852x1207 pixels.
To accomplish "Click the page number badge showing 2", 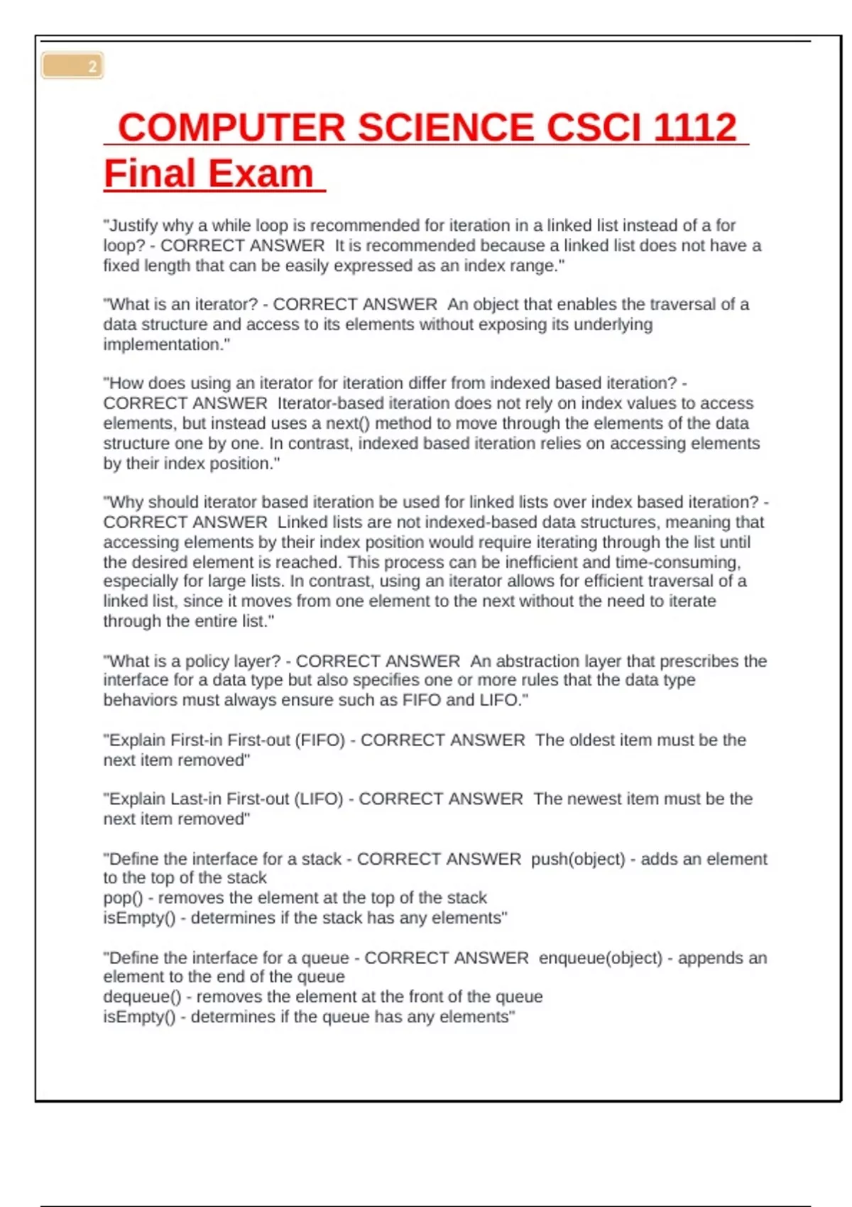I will (x=73, y=66).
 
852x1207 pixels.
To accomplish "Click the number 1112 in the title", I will (x=694, y=128).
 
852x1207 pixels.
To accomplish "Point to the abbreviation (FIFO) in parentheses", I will (x=317, y=741).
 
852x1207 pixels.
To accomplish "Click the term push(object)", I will (x=578, y=859).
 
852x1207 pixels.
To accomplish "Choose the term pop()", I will (x=123, y=898).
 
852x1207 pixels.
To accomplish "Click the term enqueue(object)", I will (x=600, y=958).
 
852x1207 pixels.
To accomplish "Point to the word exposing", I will (x=536, y=325).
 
